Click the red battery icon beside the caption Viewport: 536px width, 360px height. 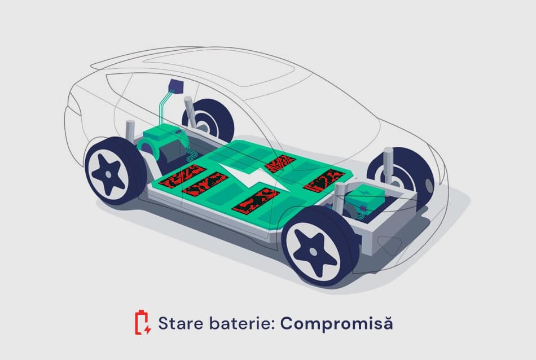click(143, 323)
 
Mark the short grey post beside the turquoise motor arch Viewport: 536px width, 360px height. click(130, 131)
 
